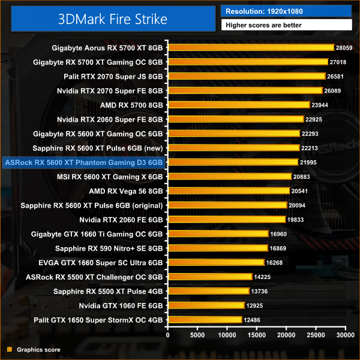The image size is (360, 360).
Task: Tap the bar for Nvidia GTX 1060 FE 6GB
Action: click(207, 305)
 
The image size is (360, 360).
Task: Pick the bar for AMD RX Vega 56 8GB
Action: click(229, 191)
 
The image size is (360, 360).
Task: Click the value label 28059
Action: click(344, 47)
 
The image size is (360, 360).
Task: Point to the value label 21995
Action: click(308, 162)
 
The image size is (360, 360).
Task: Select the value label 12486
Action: click(252, 320)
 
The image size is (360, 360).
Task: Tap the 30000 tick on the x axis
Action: click(344, 334)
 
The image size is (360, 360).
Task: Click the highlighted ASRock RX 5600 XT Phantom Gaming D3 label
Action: click(83, 162)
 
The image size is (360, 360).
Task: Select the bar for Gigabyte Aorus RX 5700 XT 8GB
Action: click(251, 47)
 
